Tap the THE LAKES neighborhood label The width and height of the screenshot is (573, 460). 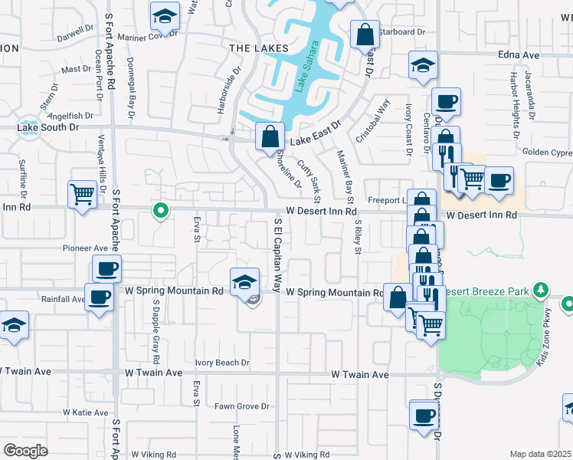point(258,48)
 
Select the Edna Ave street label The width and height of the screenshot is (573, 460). point(519,55)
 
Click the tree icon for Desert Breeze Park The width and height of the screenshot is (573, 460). point(541,290)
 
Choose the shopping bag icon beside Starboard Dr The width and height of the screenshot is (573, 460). point(365,34)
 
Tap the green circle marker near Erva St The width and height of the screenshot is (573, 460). point(160,209)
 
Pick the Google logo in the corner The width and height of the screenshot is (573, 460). point(26,450)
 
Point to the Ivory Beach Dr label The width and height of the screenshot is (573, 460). point(222,363)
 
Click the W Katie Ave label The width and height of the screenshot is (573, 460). point(86,412)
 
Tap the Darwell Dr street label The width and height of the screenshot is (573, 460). point(74,33)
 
